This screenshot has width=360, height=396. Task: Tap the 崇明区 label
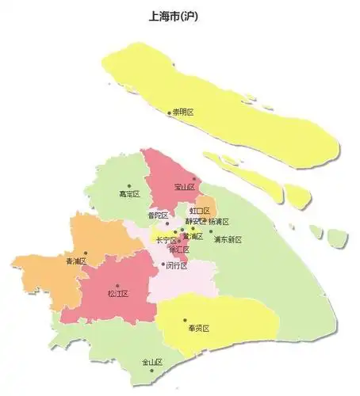click(186, 112)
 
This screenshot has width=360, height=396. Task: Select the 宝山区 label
click(186, 188)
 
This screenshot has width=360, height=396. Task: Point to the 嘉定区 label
click(128, 193)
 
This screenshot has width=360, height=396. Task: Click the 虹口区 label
click(199, 211)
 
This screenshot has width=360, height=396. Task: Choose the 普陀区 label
click(157, 215)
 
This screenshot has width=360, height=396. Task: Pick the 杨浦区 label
click(218, 222)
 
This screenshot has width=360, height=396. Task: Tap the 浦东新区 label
click(227, 239)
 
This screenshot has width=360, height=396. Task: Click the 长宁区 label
click(166, 240)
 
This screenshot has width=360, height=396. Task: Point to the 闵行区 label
click(176, 266)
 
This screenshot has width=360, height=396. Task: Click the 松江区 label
click(117, 294)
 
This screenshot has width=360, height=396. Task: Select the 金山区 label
click(152, 363)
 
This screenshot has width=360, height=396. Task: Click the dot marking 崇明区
click(169, 112)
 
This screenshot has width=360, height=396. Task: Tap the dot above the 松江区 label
click(117, 285)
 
